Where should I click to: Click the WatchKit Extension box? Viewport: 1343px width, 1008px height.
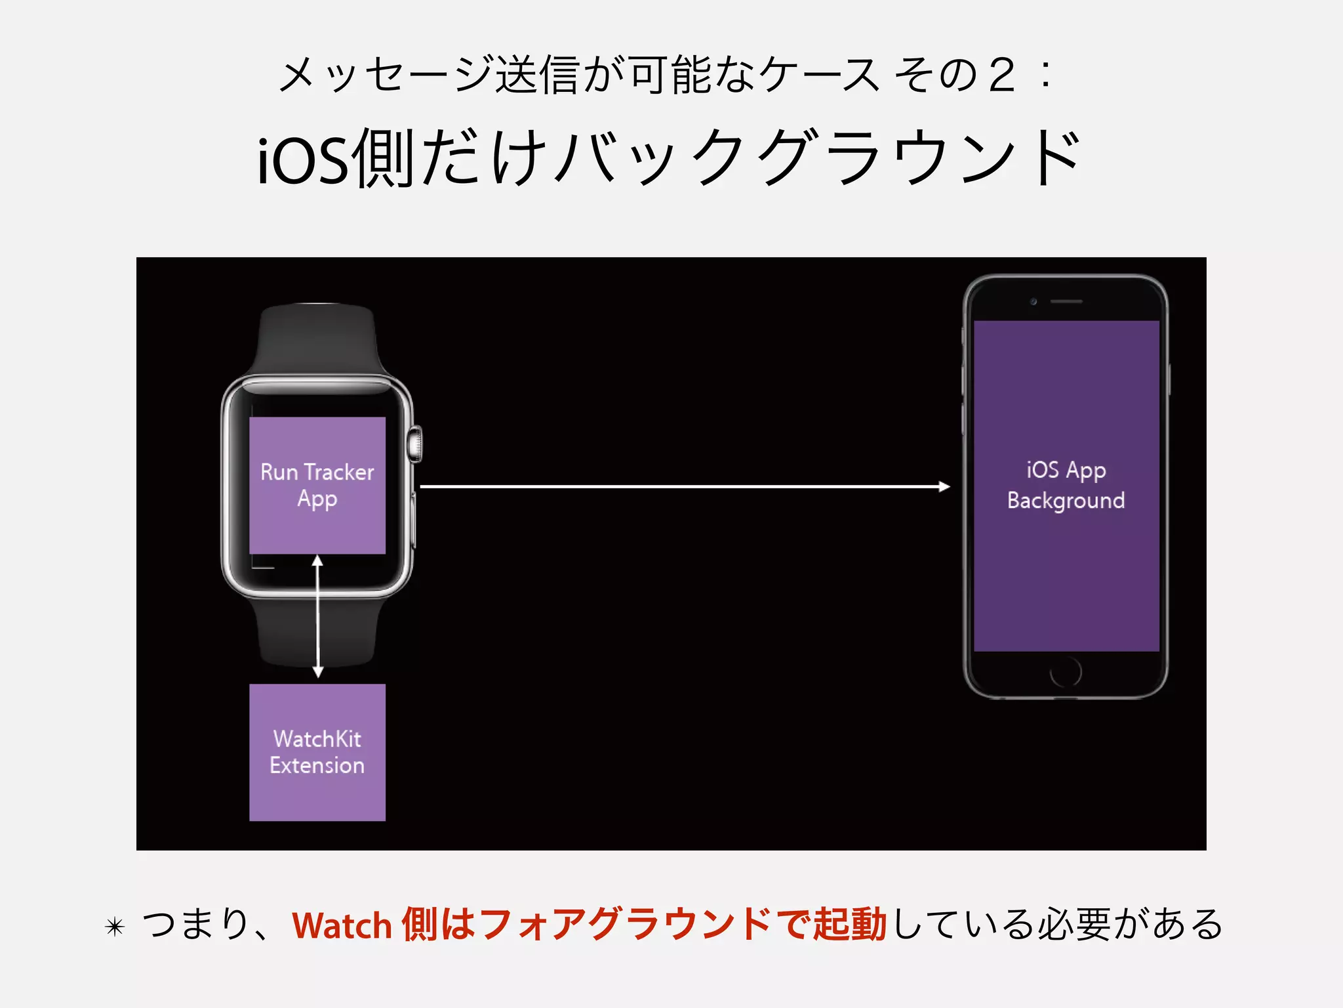pyautogui.click(x=317, y=752)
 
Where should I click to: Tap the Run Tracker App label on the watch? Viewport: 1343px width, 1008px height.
pyautogui.click(x=317, y=485)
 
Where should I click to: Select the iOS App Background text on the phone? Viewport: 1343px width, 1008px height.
pyautogui.click(x=1066, y=486)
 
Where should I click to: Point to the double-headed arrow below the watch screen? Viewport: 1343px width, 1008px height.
pyautogui.click(x=318, y=617)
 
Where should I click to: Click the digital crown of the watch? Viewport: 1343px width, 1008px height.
pyautogui.click(x=415, y=444)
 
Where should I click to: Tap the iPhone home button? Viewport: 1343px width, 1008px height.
pyautogui.click(x=1066, y=672)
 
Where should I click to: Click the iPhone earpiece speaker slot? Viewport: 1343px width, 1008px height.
pyautogui.click(x=1066, y=301)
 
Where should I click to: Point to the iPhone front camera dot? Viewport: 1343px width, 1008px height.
pyautogui.click(x=1033, y=301)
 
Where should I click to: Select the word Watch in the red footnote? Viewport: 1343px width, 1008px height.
pyautogui.click(x=342, y=925)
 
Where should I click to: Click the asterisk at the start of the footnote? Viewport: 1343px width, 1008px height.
pyautogui.click(x=115, y=927)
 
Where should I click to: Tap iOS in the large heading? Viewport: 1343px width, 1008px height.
pyautogui.click(x=302, y=161)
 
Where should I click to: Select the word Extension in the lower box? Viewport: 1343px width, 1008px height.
pyautogui.click(x=317, y=766)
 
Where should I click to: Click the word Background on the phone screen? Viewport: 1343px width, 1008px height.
pyautogui.click(x=1066, y=501)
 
